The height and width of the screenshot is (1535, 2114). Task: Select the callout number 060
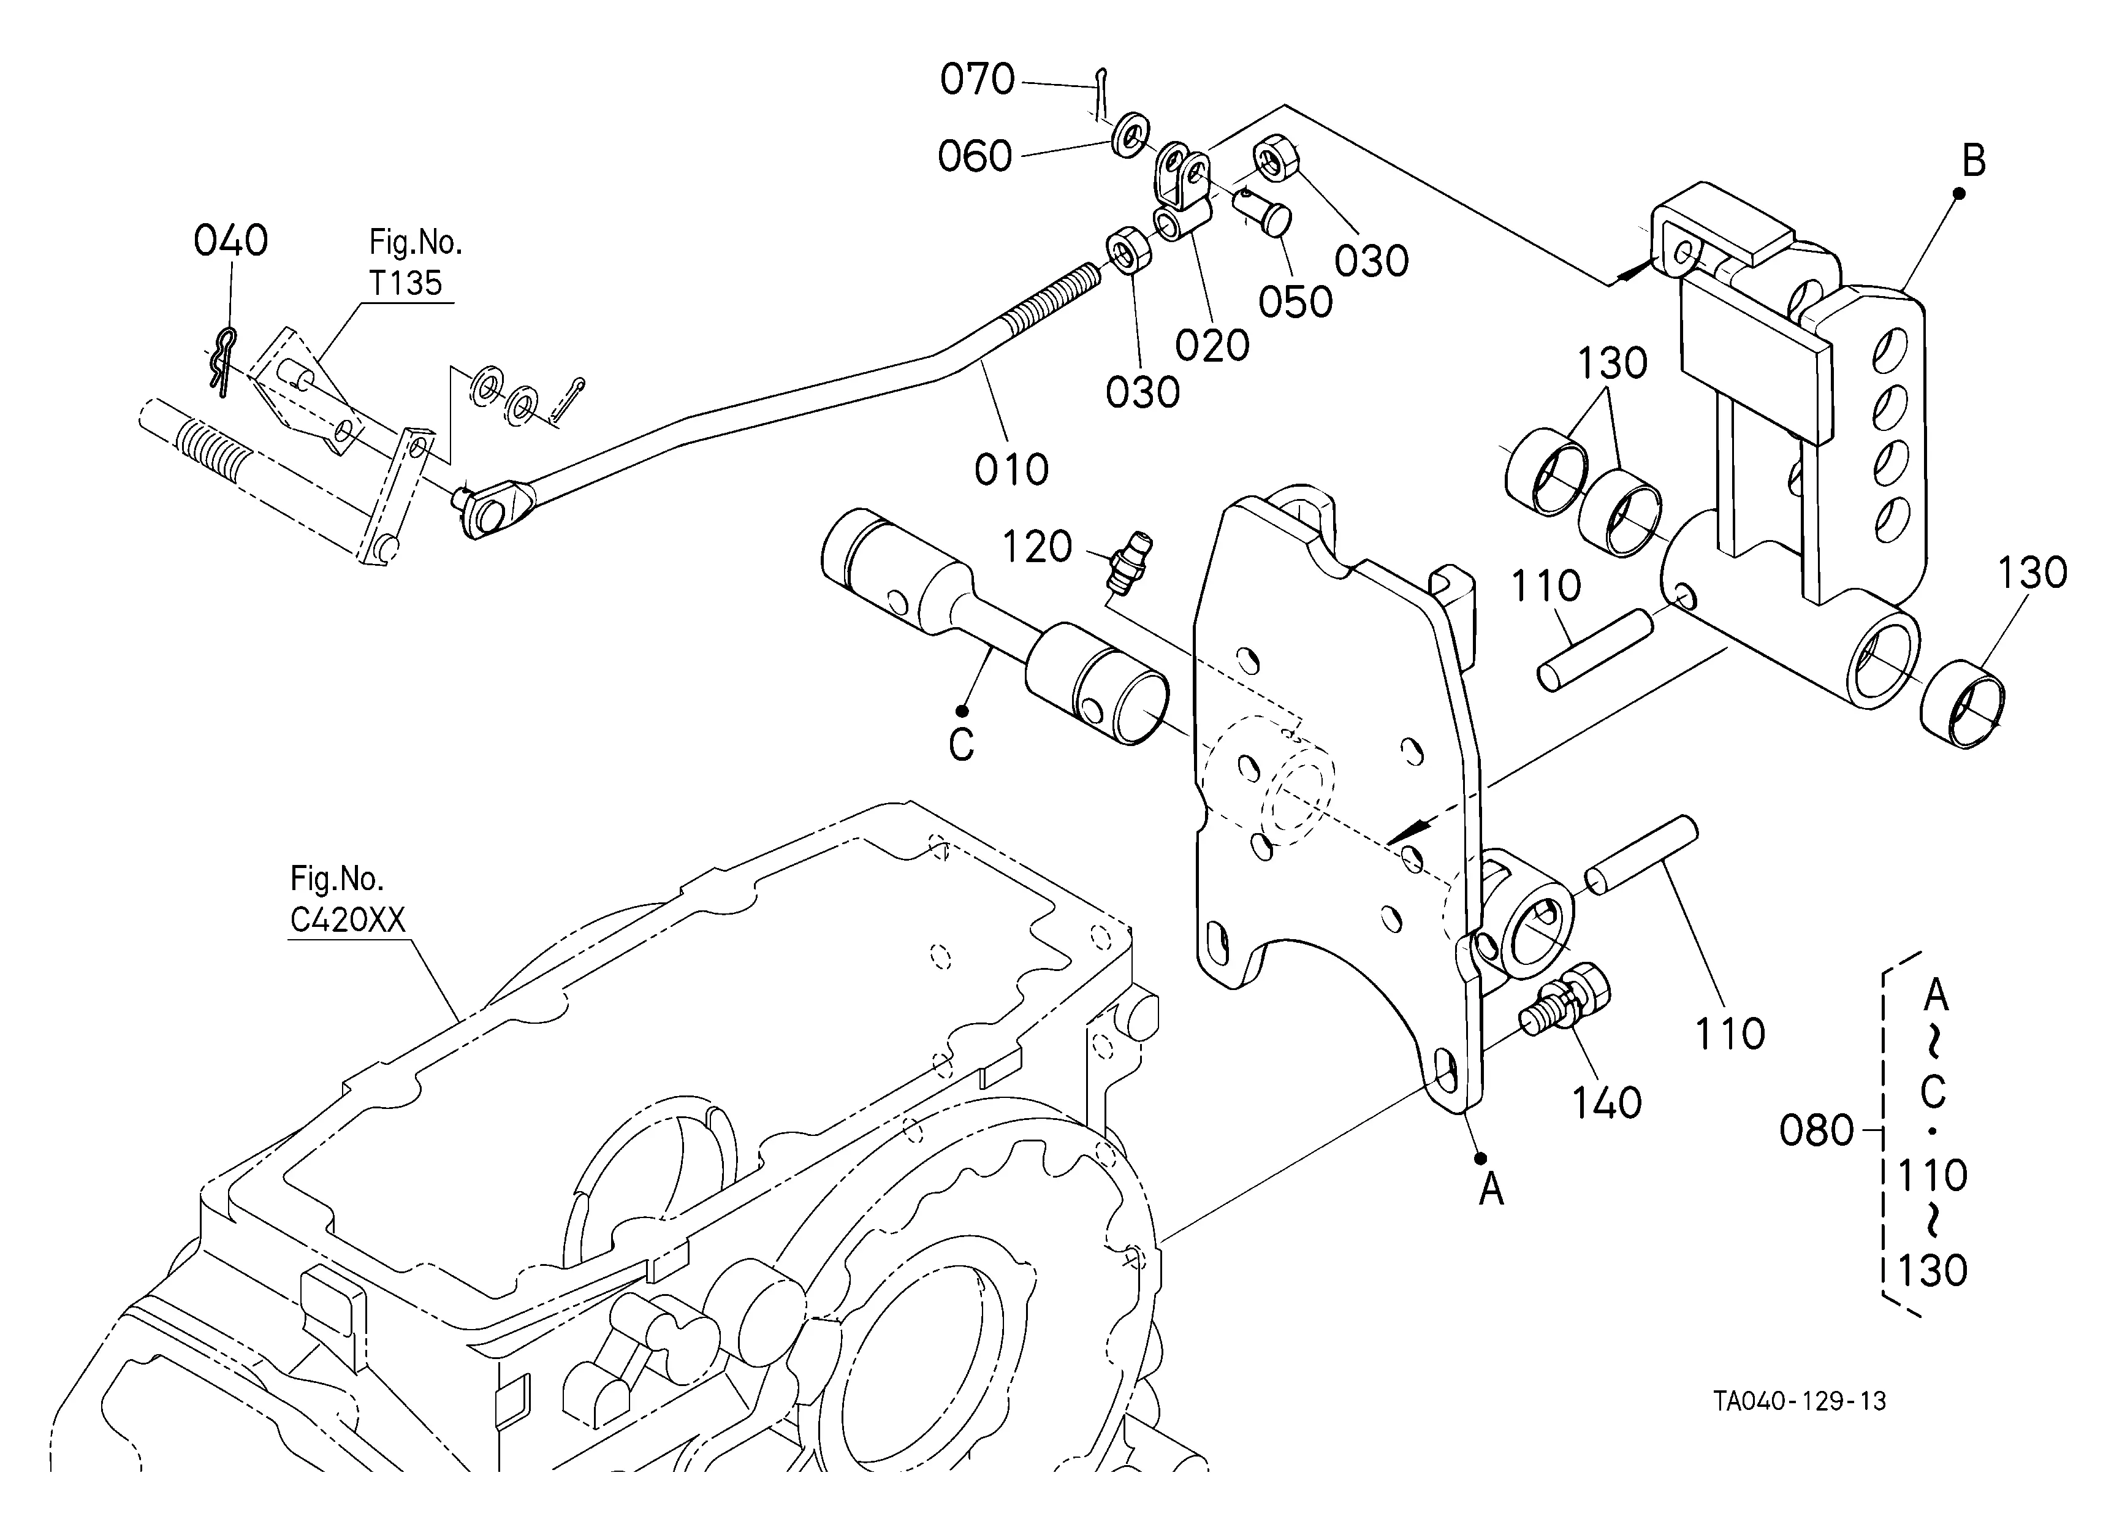(x=975, y=156)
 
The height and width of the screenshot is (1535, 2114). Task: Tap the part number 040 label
(x=230, y=240)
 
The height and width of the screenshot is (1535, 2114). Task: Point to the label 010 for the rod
(x=1011, y=470)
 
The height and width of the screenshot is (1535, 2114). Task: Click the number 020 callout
(x=1212, y=346)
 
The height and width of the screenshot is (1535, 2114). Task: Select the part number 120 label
(x=1036, y=547)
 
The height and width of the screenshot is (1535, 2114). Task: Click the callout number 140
(x=1607, y=1103)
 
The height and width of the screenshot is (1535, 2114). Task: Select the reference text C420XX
(x=348, y=920)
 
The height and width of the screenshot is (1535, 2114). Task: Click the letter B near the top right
(x=1973, y=161)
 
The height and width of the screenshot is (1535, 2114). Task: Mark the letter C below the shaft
(x=961, y=745)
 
